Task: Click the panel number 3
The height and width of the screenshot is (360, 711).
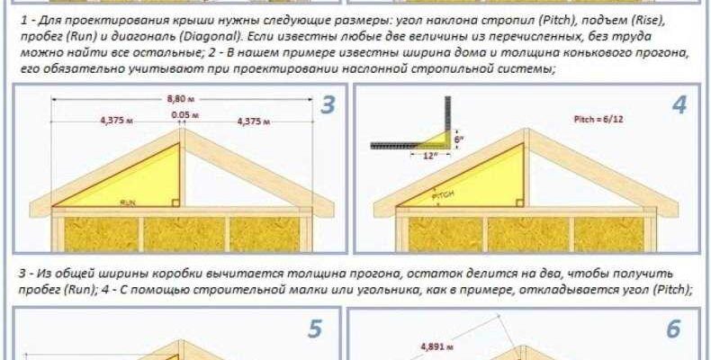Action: pos(328,105)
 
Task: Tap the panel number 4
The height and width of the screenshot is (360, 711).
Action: pos(679,105)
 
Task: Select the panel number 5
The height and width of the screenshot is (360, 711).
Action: pos(315,329)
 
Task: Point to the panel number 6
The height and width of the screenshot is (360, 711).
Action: pos(673,329)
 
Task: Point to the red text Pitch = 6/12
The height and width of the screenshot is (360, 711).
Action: pos(598,119)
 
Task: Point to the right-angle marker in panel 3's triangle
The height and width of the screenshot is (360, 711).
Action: pos(175,202)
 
